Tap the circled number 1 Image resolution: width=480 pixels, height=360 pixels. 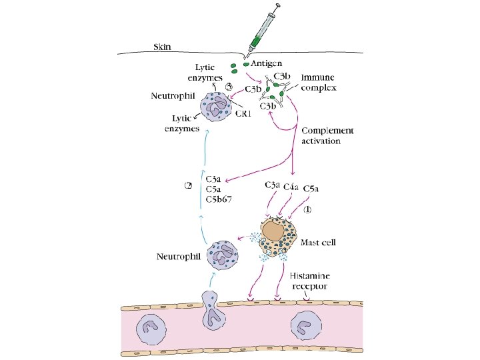pyautogui.click(x=308, y=209)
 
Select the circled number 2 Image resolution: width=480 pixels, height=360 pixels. pyautogui.click(x=189, y=185)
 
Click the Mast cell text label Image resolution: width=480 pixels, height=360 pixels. pyautogui.click(x=319, y=243)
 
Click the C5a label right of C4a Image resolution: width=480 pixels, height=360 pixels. pyautogui.click(x=311, y=189)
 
